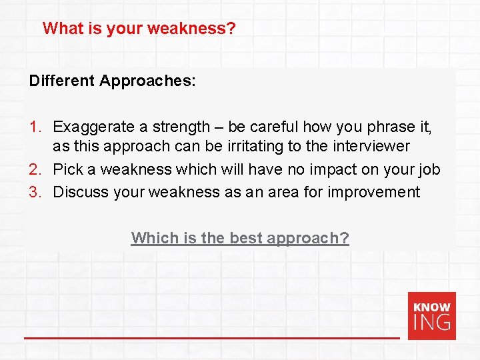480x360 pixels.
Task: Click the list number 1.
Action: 35,127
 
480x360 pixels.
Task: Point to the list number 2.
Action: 35,169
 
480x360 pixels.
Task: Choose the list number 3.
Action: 35,193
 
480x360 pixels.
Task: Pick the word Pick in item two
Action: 68,169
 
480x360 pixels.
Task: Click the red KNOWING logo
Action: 432,315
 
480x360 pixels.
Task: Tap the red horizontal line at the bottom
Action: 212,338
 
